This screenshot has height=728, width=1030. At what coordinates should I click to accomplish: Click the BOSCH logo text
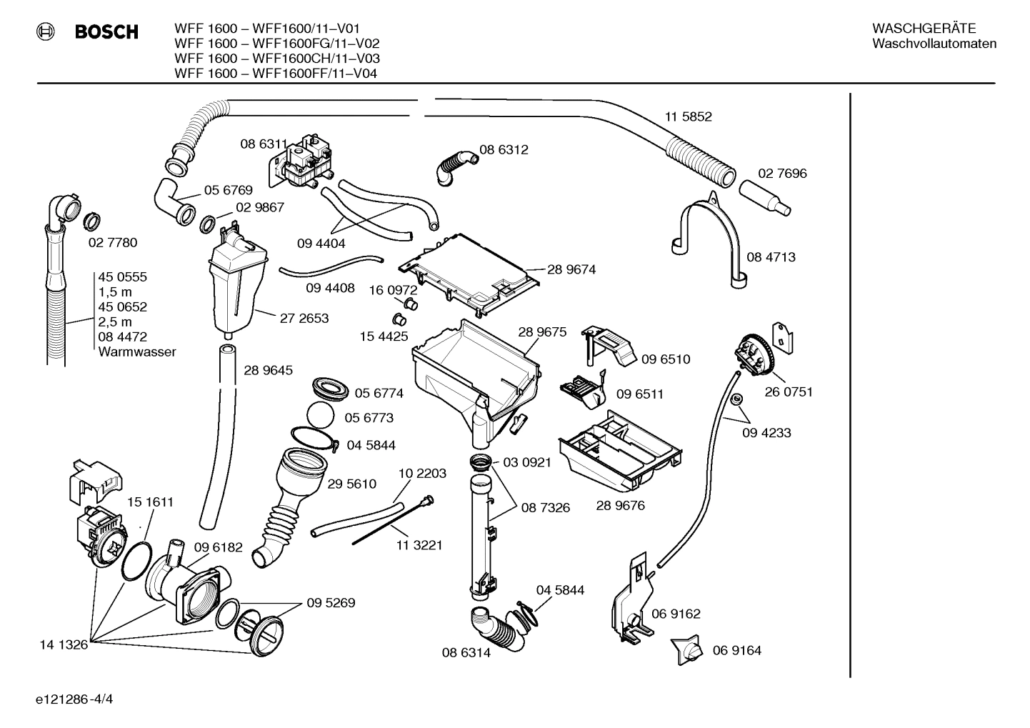(x=106, y=32)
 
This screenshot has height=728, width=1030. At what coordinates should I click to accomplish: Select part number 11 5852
(x=688, y=116)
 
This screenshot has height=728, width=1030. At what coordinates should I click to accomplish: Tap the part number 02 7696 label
(x=782, y=174)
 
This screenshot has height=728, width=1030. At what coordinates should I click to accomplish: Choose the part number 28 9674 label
(x=571, y=269)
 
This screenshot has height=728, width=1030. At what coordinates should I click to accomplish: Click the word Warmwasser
(x=136, y=352)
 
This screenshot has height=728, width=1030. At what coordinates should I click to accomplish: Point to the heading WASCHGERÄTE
(x=924, y=29)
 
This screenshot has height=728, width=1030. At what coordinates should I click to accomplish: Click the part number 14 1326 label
(x=63, y=645)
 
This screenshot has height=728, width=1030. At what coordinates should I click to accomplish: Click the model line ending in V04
(x=276, y=74)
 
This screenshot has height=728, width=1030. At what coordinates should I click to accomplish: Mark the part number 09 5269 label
(x=331, y=603)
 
